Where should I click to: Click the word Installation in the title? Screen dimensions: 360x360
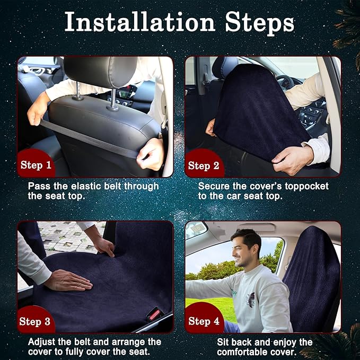click(x=139, y=22)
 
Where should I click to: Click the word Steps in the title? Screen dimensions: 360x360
click(x=259, y=24)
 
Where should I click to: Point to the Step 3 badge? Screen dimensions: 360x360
click(x=35, y=321)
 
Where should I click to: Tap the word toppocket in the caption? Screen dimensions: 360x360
click(x=307, y=187)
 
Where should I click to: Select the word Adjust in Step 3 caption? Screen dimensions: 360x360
click(x=41, y=342)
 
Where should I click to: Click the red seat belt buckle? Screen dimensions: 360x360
click(x=154, y=314)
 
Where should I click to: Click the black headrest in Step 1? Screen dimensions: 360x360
click(x=101, y=71)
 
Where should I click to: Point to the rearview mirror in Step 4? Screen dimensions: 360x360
click(x=196, y=229)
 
